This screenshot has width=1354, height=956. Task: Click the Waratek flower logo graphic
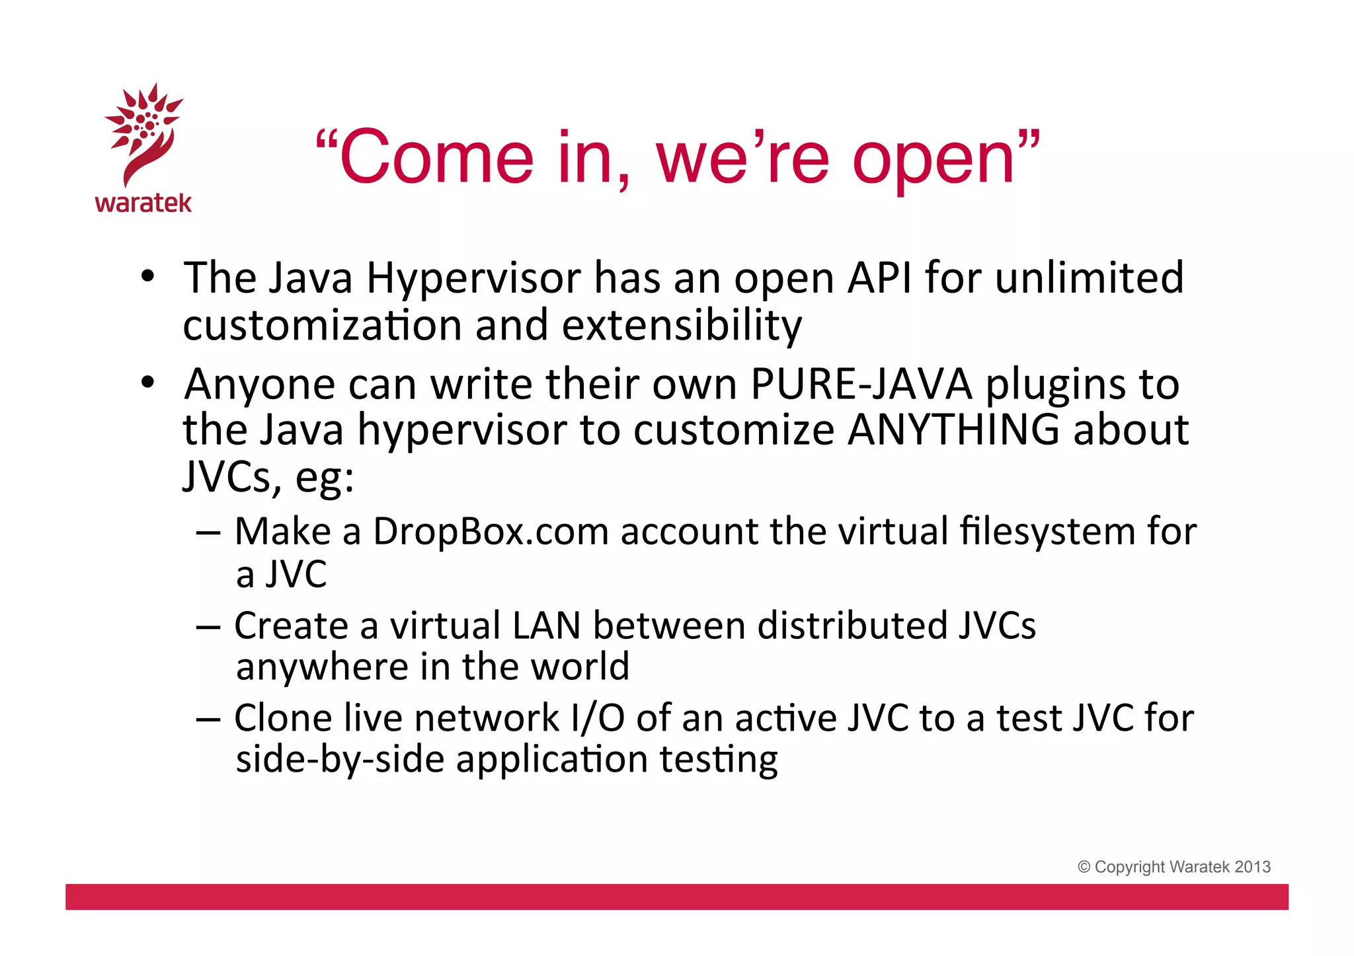pos(144,132)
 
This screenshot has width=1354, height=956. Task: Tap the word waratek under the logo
pos(143,203)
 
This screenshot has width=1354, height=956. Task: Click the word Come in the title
pos(436,158)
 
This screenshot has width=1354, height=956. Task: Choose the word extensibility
pos(682,326)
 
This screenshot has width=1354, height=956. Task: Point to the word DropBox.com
pos(491,531)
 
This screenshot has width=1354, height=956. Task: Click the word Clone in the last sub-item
pos(283,718)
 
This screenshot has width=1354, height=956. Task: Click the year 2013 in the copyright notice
pos(1252,867)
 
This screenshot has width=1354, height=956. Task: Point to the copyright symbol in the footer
pos(1084,867)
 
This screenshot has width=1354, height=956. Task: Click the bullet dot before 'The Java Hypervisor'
pos(147,276)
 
